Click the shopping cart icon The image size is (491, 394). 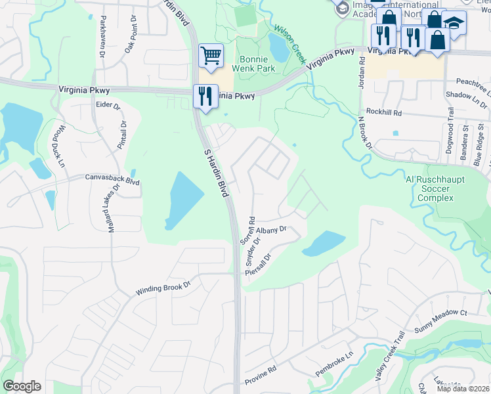coord(211,55)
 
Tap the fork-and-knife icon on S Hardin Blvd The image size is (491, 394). coord(205,96)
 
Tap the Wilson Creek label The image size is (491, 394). coord(290,44)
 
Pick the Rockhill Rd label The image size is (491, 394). coord(384,113)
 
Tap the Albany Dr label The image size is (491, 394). coord(271,230)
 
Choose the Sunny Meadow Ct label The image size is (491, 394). coord(440,314)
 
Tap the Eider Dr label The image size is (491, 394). coord(108,105)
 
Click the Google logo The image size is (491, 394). coord(22,386)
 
